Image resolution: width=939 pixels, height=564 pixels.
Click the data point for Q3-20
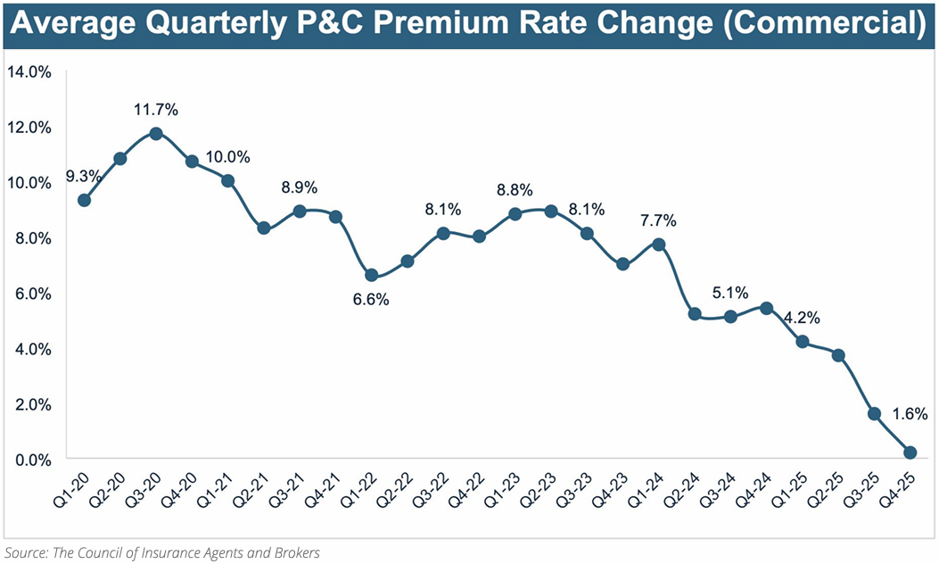click(x=156, y=133)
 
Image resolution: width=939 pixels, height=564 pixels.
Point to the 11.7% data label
click(x=156, y=110)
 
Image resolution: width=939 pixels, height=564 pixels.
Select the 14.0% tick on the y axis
click(x=29, y=71)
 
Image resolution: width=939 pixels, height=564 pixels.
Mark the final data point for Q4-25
click(x=910, y=452)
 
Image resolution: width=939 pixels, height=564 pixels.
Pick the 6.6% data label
click(x=371, y=300)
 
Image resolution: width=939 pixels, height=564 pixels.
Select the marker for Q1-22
click(x=372, y=275)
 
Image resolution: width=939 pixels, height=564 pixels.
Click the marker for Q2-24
click(x=695, y=314)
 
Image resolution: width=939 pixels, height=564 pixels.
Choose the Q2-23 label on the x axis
click(x=538, y=490)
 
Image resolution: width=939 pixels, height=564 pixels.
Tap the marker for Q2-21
click(x=264, y=228)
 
